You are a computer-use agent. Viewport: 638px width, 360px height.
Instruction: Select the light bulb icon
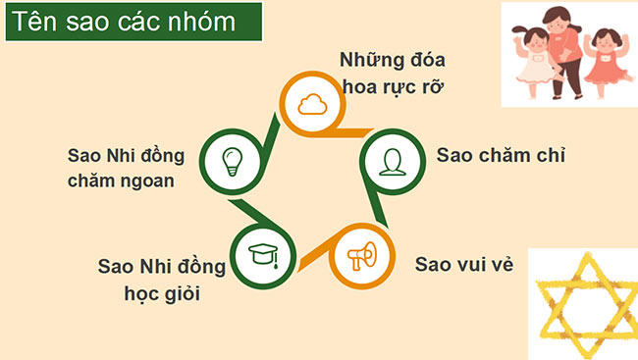click(x=232, y=158)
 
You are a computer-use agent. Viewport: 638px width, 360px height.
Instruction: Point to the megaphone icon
click(x=359, y=257)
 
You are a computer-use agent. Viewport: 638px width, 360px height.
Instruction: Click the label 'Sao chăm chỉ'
click(x=503, y=156)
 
